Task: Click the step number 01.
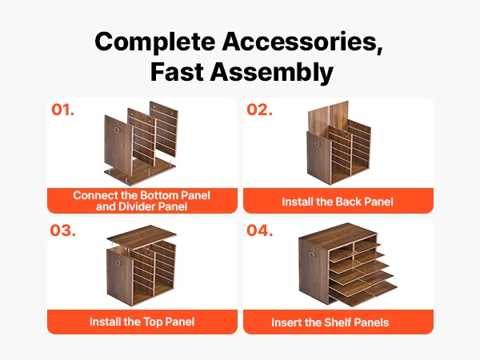[x=62, y=110]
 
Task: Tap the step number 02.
[x=259, y=110]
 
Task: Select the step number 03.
[x=62, y=230]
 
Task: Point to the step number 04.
[x=259, y=230]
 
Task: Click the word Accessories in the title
[x=302, y=42]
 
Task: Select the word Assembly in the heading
[x=271, y=72]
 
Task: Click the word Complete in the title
[x=155, y=42]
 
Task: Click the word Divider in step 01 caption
[x=136, y=206]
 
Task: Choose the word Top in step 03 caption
[x=153, y=322]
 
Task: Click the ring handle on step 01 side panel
[x=117, y=130]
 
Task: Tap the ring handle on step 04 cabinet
[x=312, y=254]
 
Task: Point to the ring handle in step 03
[x=118, y=262]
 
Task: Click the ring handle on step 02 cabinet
[x=317, y=144]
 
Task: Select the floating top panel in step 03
[x=142, y=236]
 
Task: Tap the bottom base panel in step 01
[x=140, y=172]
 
